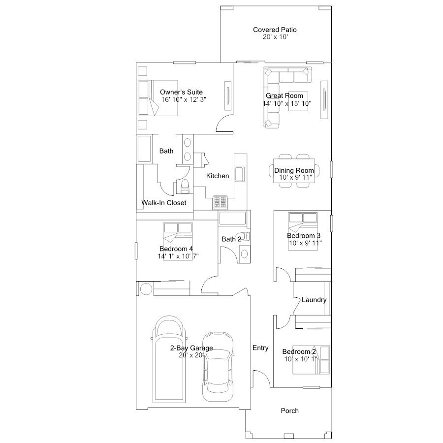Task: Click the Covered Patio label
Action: pyautogui.click(x=275, y=30)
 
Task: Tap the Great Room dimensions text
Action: pyautogui.click(x=287, y=103)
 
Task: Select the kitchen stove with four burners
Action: pyautogui.click(x=220, y=202)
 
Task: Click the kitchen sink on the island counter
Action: pyautogui.click(x=240, y=174)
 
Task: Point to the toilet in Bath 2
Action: pyautogui.click(x=244, y=236)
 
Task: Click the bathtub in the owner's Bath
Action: pyautogui.click(x=144, y=149)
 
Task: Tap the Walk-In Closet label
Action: pyautogui.click(x=163, y=203)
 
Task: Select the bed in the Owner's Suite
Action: pyautogui.click(x=158, y=98)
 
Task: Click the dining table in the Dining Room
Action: pyautogui.click(x=294, y=171)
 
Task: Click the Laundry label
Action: pyautogui.click(x=314, y=300)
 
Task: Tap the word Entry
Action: pyautogui.click(x=260, y=348)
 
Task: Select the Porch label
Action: pyautogui.click(x=289, y=411)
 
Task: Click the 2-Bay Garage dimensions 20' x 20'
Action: pyautogui.click(x=191, y=355)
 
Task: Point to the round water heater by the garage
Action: pyautogui.click(x=146, y=289)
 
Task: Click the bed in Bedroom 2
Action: pyautogui.click(x=311, y=360)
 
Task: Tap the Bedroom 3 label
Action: pyautogui.click(x=304, y=236)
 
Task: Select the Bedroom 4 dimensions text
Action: pyautogui.click(x=178, y=256)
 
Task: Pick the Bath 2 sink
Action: pyautogui.click(x=244, y=253)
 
